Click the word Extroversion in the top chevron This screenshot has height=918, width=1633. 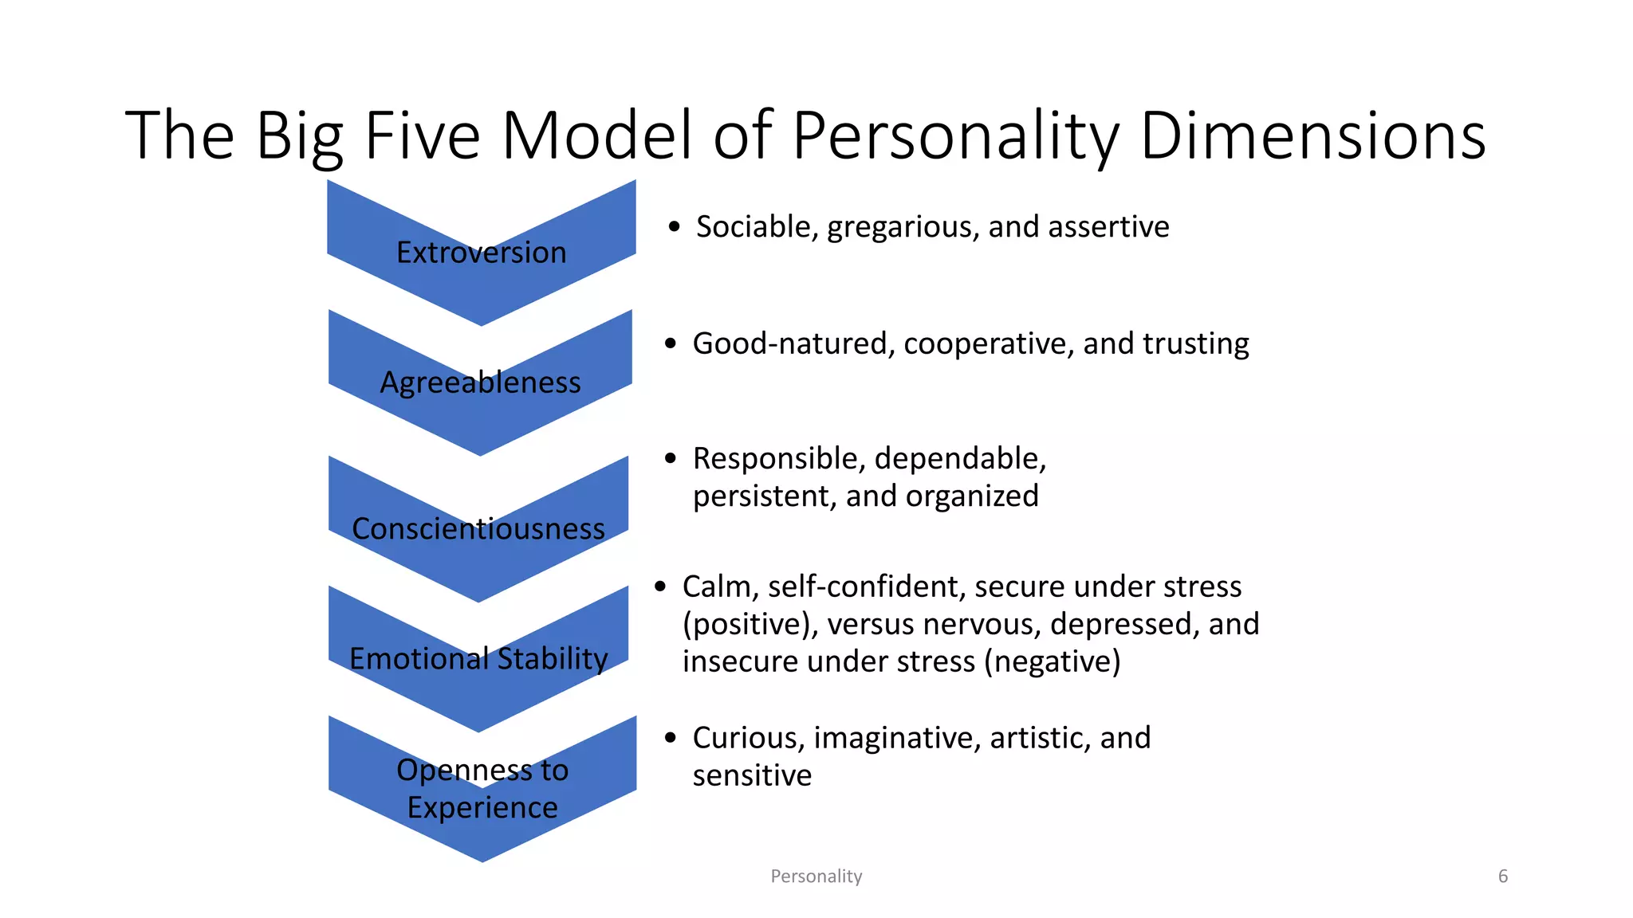coord(481,253)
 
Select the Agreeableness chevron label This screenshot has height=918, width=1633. coord(480,382)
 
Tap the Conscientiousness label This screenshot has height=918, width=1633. coord(478,529)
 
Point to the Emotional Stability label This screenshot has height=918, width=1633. coord(478,659)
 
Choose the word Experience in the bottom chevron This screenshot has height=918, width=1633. coord(482,808)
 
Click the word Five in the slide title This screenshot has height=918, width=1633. coord(422,135)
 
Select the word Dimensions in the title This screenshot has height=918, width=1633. coord(1312,135)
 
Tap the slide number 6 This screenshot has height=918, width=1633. coord(1503,877)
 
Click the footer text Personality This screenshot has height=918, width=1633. coord(816,877)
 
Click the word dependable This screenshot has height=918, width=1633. coord(960,459)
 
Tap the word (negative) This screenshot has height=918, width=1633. coord(1053,662)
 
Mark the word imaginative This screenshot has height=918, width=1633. coord(897,739)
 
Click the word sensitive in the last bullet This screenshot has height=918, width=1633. coord(752,776)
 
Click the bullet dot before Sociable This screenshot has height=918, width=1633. coord(675,228)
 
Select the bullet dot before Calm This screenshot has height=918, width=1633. coord(660,587)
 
